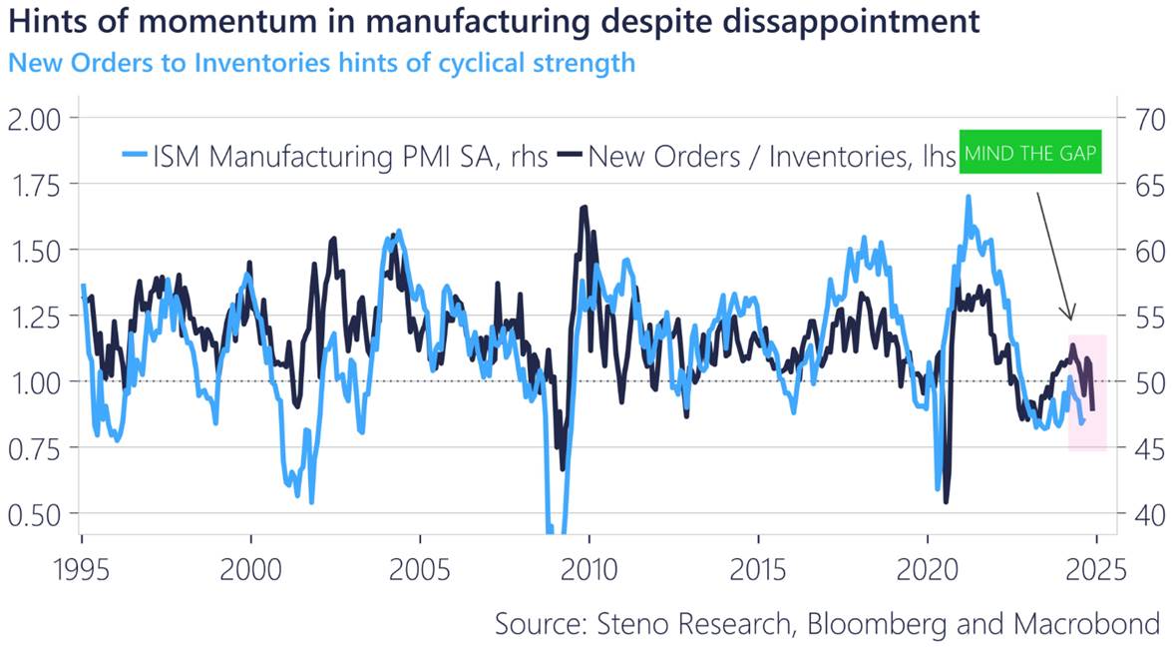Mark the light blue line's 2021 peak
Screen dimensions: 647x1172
click(x=968, y=197)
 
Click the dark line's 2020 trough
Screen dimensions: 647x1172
click(x=946, y=501)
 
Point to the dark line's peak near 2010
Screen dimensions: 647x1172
click(x=584, y=207)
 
